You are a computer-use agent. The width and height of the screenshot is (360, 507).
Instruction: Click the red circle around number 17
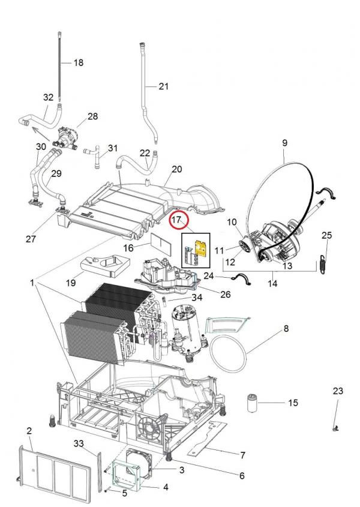178,221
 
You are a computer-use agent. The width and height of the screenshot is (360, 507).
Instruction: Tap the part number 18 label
78,62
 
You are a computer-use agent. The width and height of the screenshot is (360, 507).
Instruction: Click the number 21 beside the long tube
164,86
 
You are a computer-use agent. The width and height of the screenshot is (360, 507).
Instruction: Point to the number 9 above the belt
284,143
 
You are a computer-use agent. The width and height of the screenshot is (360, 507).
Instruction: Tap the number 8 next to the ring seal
286,329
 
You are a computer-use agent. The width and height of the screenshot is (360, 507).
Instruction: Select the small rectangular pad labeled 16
160,245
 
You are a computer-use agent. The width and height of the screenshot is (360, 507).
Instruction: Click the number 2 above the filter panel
29,431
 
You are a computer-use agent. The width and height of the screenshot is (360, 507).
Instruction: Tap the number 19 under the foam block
70,282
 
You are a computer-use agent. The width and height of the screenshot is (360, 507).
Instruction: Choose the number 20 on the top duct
176,169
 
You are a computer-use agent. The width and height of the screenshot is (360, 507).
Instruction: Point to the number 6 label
242,476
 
